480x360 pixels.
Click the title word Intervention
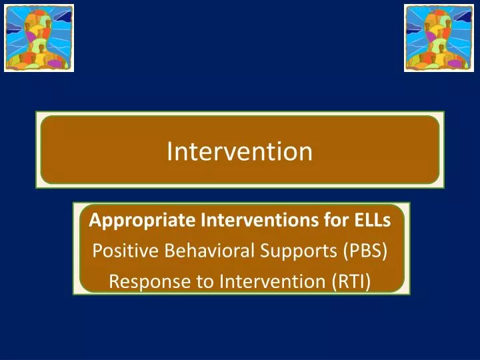coord(239,151)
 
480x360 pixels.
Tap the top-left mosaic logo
coord(39,37)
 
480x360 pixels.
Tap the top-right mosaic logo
coord(438,37)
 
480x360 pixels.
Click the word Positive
coord(119,251)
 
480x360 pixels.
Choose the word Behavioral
coord(194,251)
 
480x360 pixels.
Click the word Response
coord(141,282)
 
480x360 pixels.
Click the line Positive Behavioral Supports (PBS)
coord(239,251)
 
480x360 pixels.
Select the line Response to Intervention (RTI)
coord(239,282)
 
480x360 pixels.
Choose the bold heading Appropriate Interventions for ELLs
coord(239,219)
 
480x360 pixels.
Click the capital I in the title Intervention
coord(169,151)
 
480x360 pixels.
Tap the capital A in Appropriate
coord(95,219)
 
